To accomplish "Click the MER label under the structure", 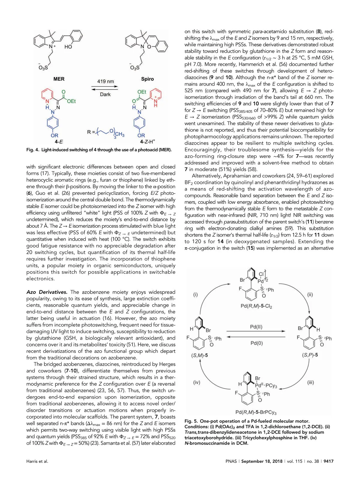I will point(59,79).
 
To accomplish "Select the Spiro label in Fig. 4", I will point(147,79).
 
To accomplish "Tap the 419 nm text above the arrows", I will point(106,81).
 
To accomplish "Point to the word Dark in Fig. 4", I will point(105,94).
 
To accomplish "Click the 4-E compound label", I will point(59,142).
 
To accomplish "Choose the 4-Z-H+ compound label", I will point(147,142).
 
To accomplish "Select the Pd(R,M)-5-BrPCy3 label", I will point(256,412).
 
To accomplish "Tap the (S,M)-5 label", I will point(199,355).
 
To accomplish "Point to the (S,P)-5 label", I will point(310,355).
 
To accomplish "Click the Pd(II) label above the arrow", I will point(256,327).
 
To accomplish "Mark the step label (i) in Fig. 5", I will point(196,294).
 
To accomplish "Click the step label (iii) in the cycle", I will point(310,382).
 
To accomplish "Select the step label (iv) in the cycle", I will point(196,382).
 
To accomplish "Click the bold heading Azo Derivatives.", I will point(47,292).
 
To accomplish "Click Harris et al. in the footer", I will point(37,461).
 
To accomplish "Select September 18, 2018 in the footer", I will point(262,461).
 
